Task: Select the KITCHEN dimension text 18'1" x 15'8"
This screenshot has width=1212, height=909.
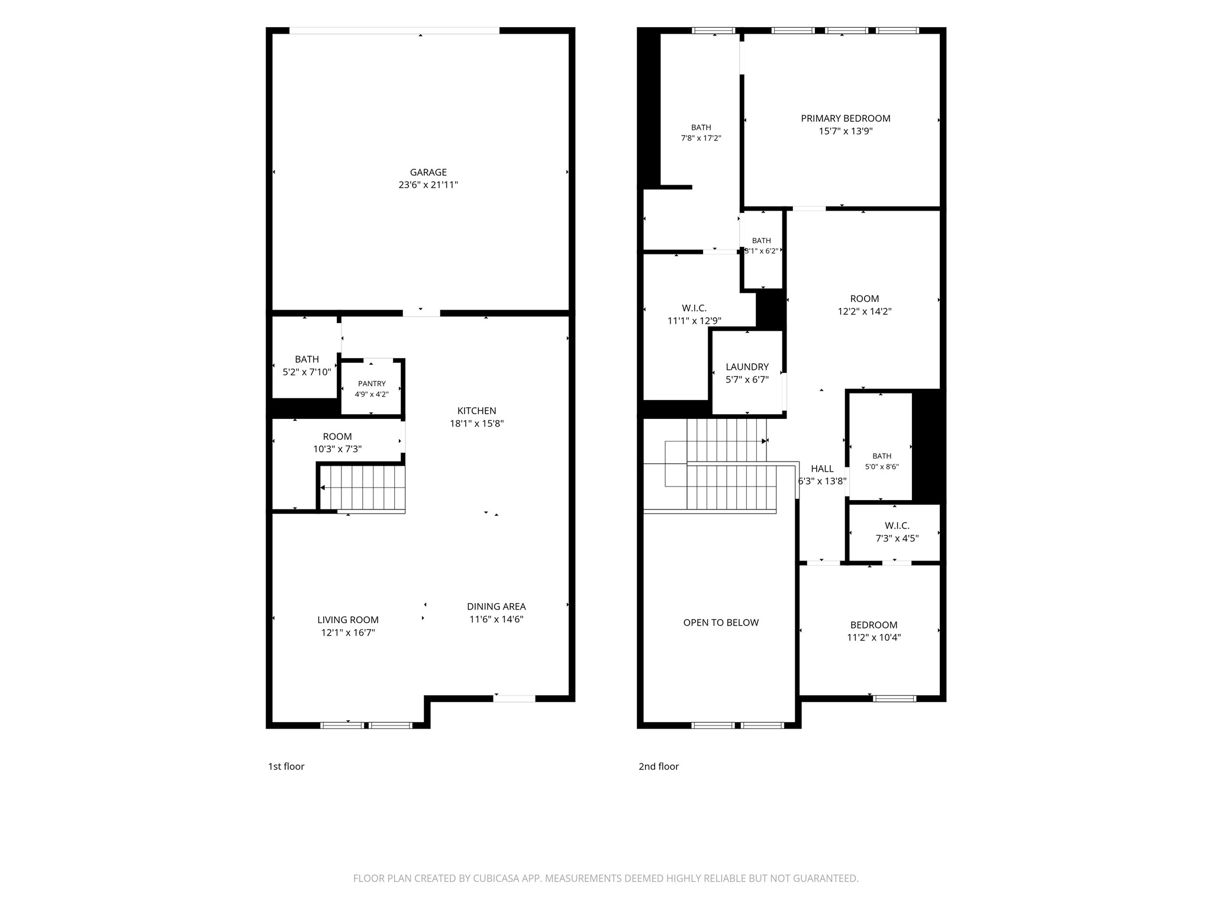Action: pyautogui.click(x=476, y=423)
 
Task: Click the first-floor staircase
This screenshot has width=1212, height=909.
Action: pyautogui.click(x=362, y=488)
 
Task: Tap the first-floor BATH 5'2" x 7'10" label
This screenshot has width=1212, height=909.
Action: pyautogui.click(x=307, y=365)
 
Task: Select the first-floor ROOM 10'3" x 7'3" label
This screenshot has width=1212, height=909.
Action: pyautogui.click(x=337, y=443)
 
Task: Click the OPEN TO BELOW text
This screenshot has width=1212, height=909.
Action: pyautogui.click(x=721, y=623)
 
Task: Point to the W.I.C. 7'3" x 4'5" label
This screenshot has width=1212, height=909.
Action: pyautogui.click(x=897, y=531)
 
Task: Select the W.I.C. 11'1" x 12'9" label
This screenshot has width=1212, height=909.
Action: pyautogui.click(x=694, y=314)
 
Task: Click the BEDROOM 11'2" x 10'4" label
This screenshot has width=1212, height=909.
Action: pyautogui.click(x=873, y=631)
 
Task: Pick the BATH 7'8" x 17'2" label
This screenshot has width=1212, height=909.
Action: pyautogui.click(x=701, y=133)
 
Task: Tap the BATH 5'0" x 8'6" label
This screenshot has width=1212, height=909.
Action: pyautogui.click(x=882, y=461)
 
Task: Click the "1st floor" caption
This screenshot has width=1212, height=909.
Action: pyautogui.click(x=286, y=766)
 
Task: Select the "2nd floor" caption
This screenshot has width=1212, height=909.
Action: pyautogui.click(x=658, y=766)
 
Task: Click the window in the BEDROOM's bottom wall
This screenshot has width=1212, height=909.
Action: pyautogui.click(x=895, y=698)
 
